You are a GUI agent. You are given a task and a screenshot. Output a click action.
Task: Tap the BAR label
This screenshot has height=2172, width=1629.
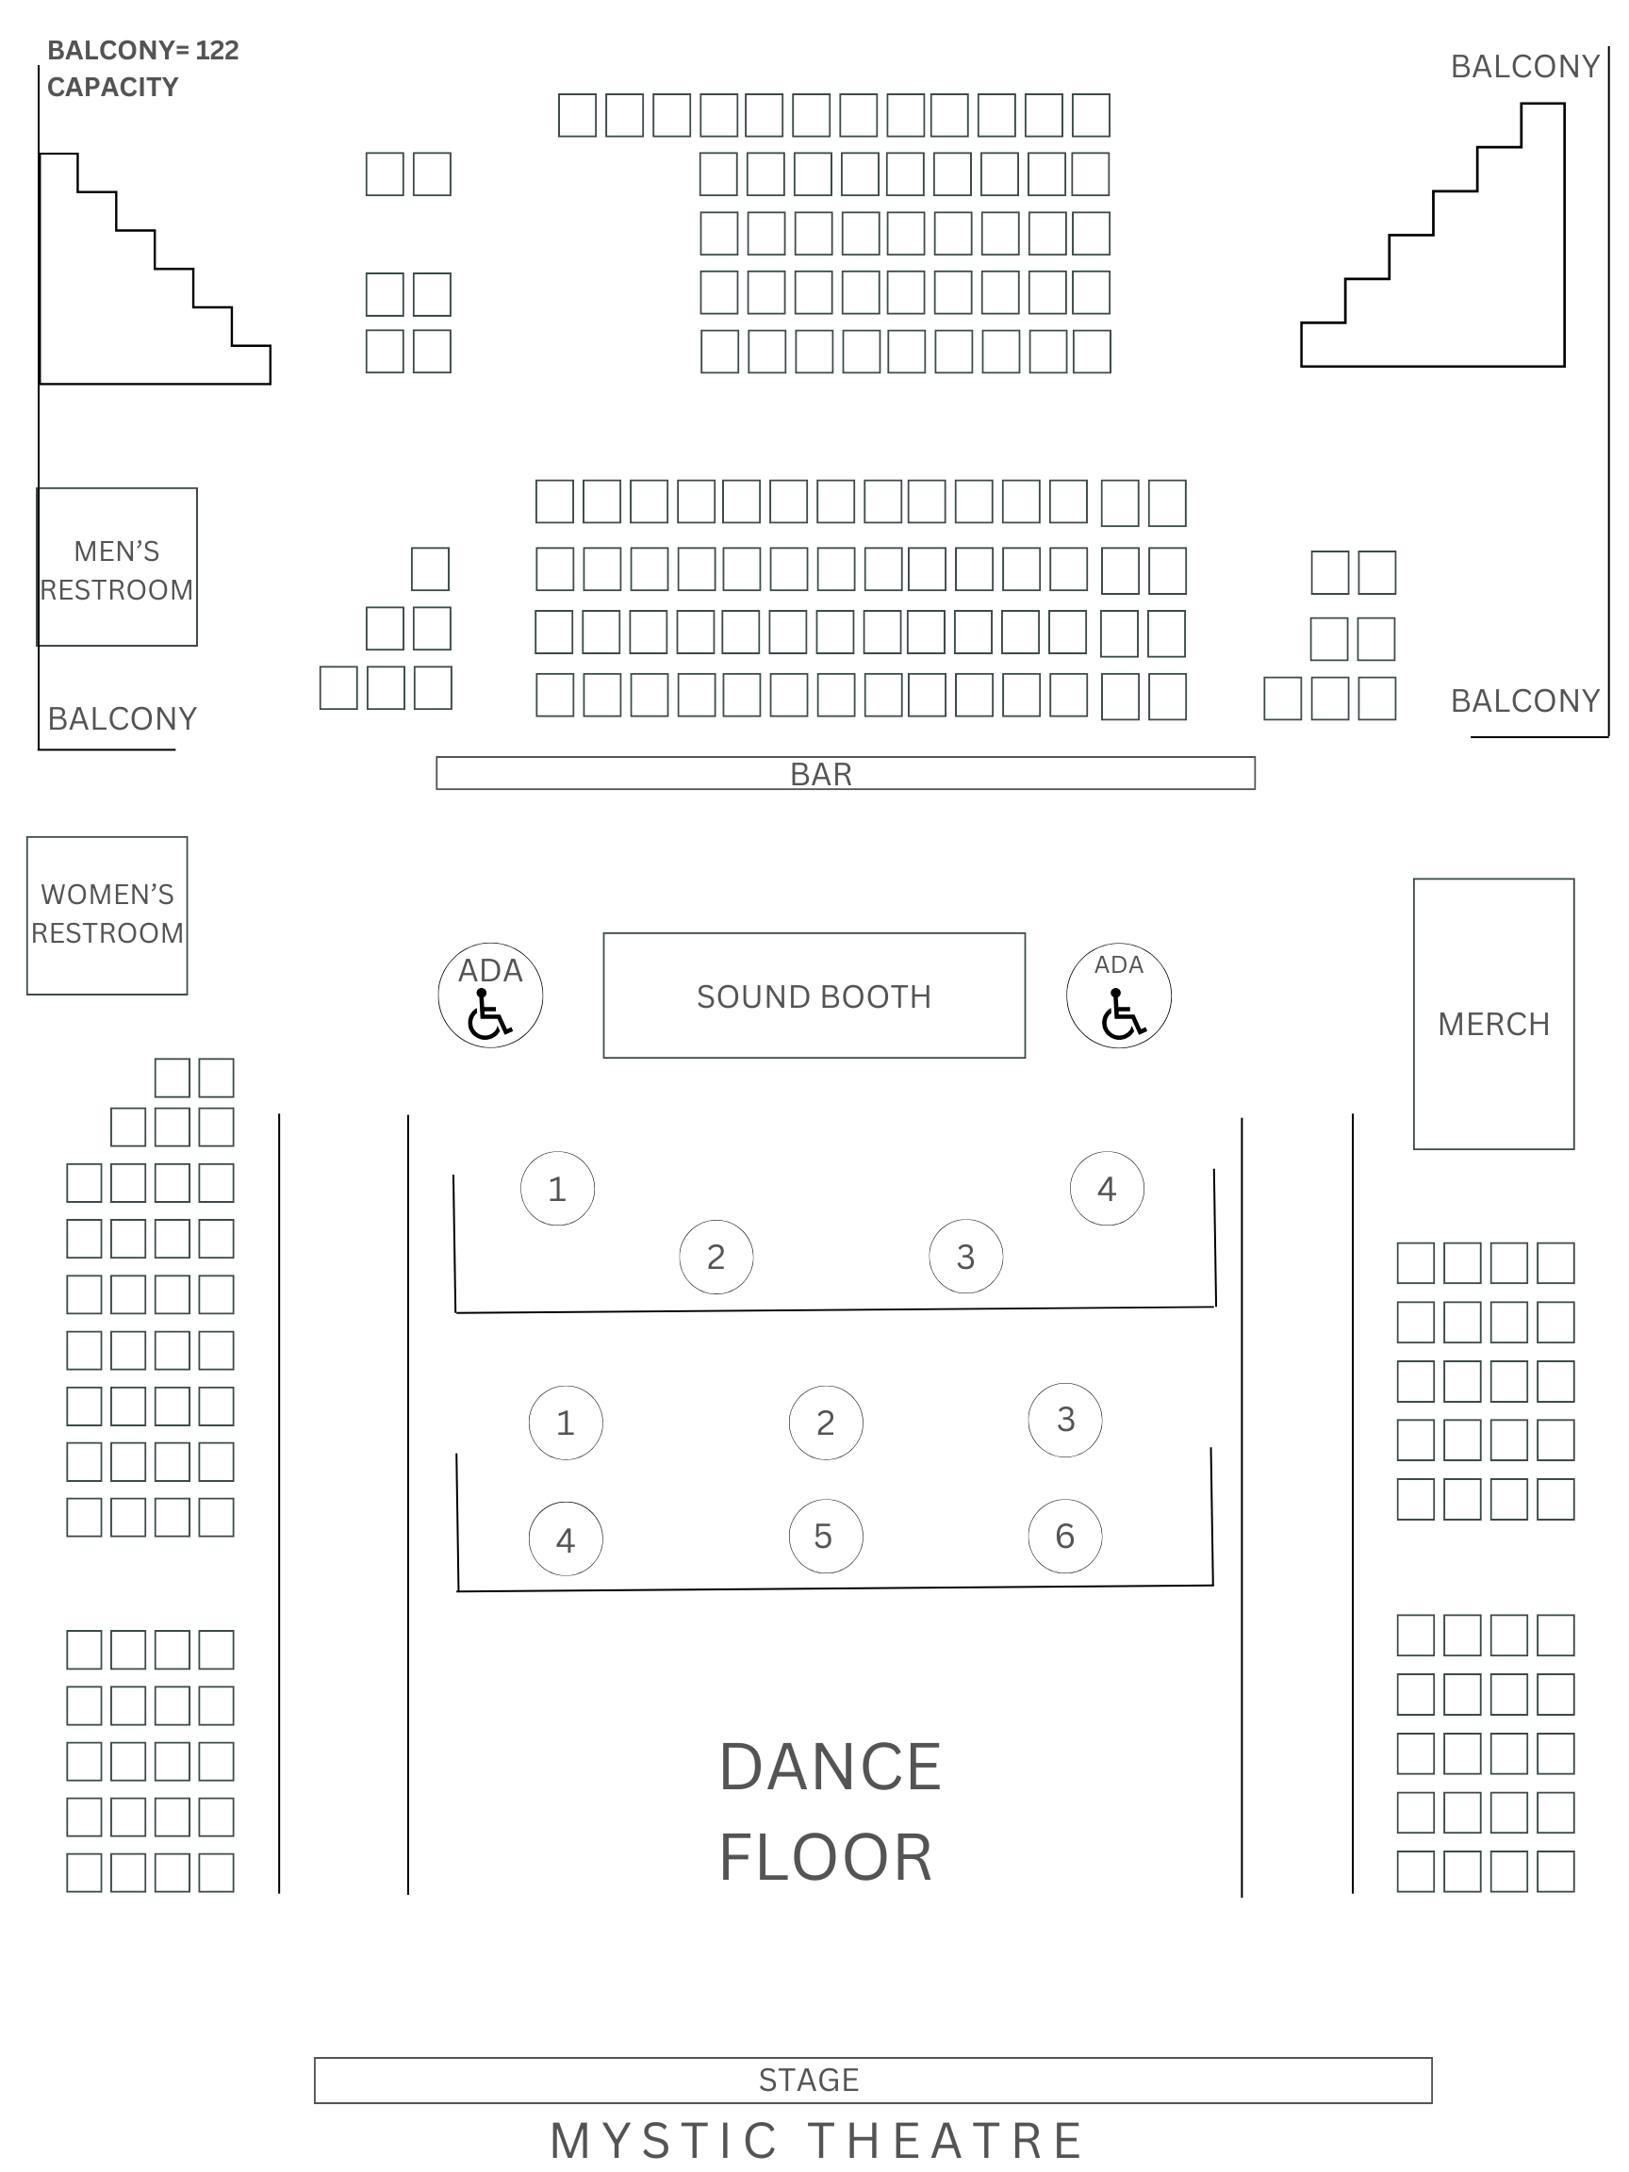pos(821,774)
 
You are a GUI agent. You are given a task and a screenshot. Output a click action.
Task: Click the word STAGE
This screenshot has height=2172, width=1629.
pos(809,2079)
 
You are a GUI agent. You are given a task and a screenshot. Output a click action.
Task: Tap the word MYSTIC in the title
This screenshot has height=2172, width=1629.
pos(665,2141)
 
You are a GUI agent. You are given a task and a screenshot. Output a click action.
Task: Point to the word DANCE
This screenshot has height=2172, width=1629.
pos(831,1768)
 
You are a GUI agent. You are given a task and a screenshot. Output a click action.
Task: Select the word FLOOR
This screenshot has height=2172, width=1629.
pos(826,1858)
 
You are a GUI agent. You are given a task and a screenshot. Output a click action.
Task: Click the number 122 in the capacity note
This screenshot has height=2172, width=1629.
pos(217,50)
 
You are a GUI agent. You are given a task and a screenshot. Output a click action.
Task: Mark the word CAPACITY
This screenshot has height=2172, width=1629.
pos(113,88)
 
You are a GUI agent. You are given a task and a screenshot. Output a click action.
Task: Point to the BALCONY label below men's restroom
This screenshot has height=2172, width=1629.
pos(123,718)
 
